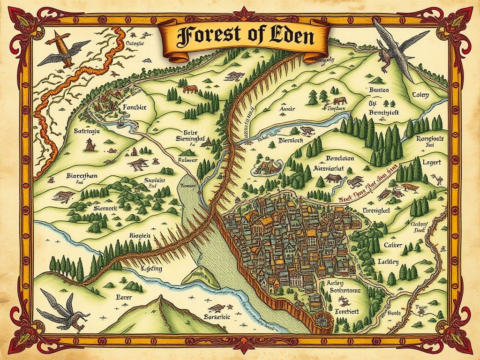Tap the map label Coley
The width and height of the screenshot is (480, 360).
click(420, 95)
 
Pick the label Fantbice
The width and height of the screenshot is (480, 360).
click(134, 107)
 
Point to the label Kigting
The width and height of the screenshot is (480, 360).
click(151, 269)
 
